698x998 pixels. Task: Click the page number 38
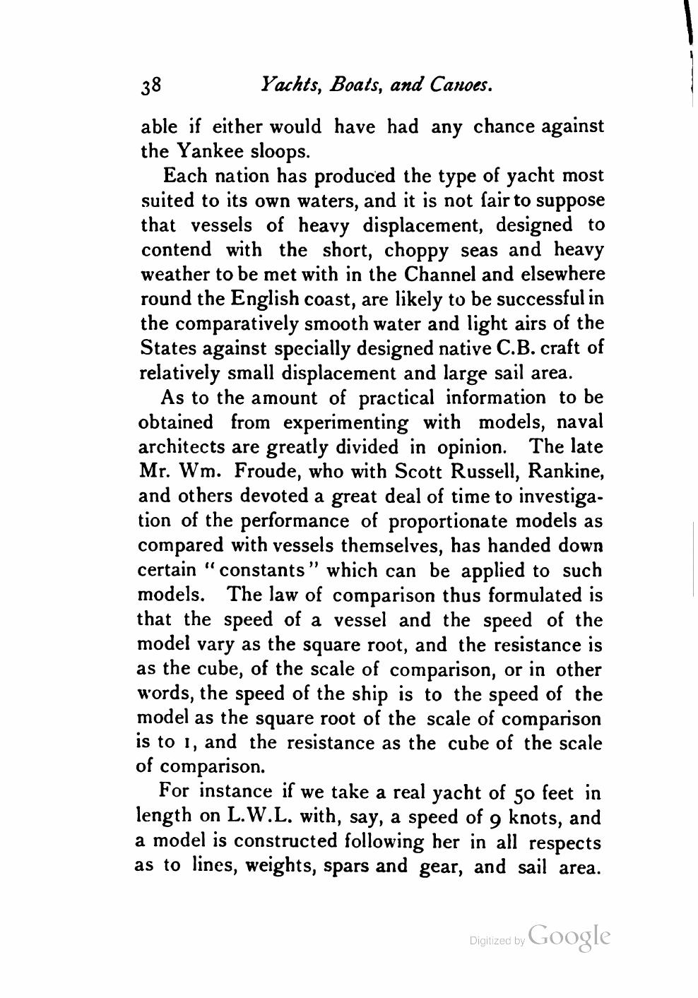(152, 86)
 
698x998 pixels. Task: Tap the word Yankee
(209, 150)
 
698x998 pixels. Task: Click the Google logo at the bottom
(568, 936)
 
